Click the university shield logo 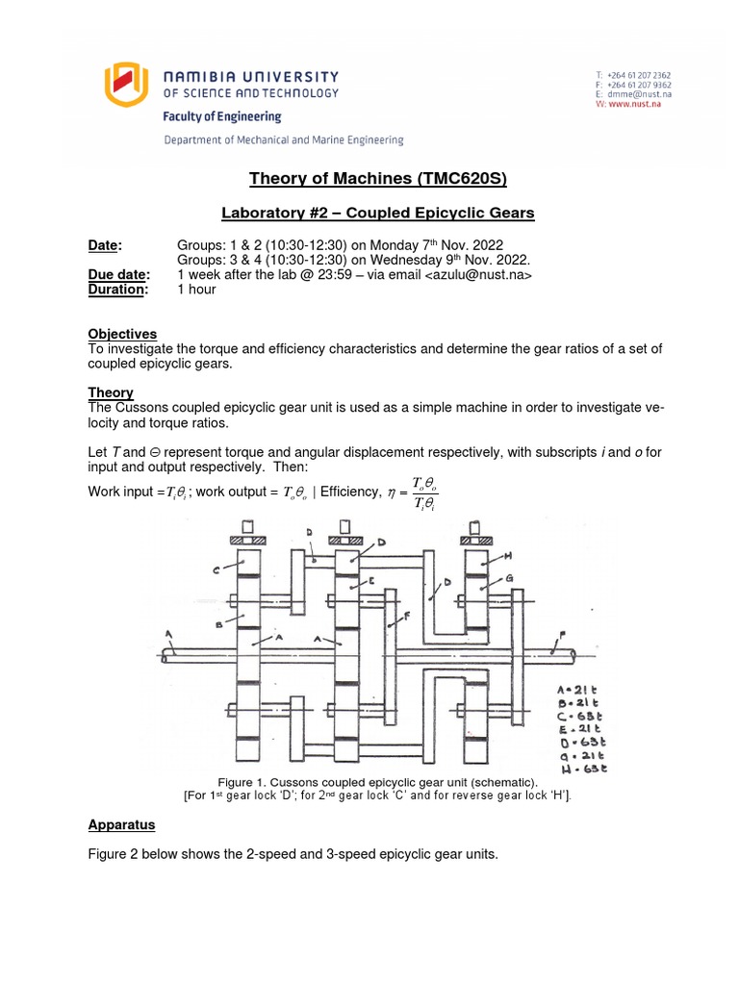129,83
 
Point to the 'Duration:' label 118,290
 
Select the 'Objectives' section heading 122,334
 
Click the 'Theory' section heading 111,392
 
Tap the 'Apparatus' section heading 121,824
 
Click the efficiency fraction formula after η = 423,492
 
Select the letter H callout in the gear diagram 508,557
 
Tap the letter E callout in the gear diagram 370,580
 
